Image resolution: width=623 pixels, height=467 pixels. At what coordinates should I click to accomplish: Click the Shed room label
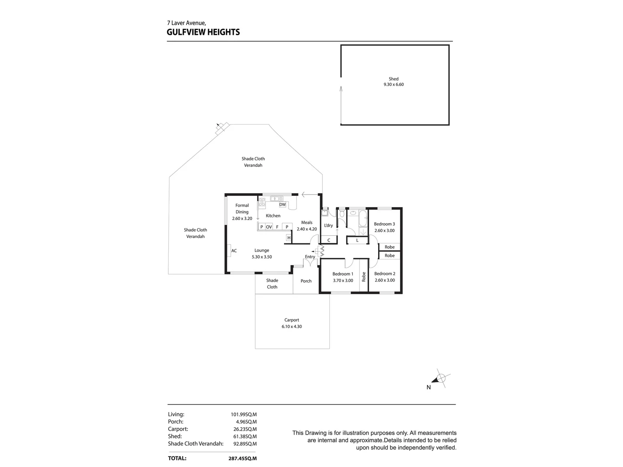click(393, 79)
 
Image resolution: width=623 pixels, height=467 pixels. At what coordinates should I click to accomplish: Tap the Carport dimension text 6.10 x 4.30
click(292, 326)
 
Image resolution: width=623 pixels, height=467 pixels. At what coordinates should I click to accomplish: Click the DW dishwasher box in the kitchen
click(283, 205)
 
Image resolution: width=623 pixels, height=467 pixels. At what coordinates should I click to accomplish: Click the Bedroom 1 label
click(343, 274)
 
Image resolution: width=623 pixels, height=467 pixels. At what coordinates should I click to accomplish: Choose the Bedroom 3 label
click(384, 224)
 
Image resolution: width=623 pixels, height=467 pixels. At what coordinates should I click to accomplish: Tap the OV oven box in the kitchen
click(269, 227)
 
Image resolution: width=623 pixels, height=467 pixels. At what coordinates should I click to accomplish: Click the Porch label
click(306, 281)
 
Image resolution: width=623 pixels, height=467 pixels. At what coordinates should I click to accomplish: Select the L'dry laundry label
click(328, 225)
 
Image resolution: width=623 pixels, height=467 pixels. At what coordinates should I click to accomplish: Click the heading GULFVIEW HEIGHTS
click(203, 32)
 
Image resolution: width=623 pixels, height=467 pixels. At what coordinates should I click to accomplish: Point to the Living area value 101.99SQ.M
click(244, 414)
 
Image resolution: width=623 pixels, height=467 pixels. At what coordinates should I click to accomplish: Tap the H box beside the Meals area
click(289, 238)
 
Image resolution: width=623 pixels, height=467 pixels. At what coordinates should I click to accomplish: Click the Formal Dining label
click(242, 208)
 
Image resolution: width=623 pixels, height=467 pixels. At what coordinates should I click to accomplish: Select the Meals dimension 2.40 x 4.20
click(307, 229)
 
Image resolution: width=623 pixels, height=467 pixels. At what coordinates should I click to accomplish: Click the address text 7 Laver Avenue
click(186, 23)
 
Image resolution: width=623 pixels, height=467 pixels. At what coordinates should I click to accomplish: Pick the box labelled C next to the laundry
click(329, 240)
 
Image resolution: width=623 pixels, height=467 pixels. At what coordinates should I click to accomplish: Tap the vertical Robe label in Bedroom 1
click(364, 276)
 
